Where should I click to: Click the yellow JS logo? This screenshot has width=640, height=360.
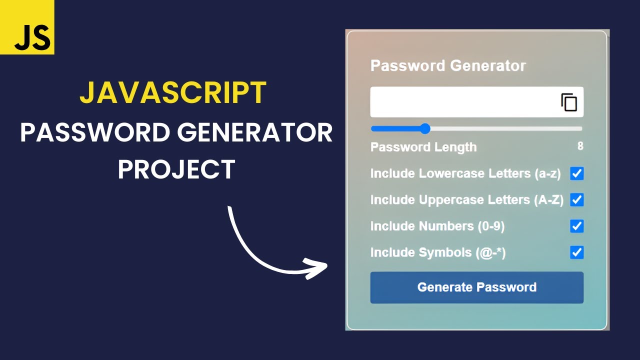(x=27, y=27)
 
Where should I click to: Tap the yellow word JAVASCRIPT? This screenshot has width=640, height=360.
(x=173, y=93)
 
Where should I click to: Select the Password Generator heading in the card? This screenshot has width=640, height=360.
(x=448, y=65)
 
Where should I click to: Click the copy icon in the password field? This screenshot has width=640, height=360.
(x=569, y=102)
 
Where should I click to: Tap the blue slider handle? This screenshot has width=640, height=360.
(x=425, y=128)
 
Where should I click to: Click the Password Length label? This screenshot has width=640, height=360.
(x=423, y=147)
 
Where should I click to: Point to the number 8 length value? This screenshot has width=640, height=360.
(x=580, y=146)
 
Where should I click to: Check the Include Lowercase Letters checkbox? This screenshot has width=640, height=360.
(x=577, y=173)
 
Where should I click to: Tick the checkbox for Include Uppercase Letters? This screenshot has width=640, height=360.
(x=577, y=200)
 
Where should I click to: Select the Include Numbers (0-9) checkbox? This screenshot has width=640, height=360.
(x=577, y=226)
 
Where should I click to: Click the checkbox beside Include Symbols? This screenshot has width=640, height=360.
(x=577, y=252)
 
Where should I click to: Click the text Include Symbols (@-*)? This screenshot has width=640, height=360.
(x=438, y=252)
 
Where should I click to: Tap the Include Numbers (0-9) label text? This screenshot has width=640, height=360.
(x=437, y=226)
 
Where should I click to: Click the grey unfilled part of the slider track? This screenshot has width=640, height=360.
(x=505, y=128)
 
